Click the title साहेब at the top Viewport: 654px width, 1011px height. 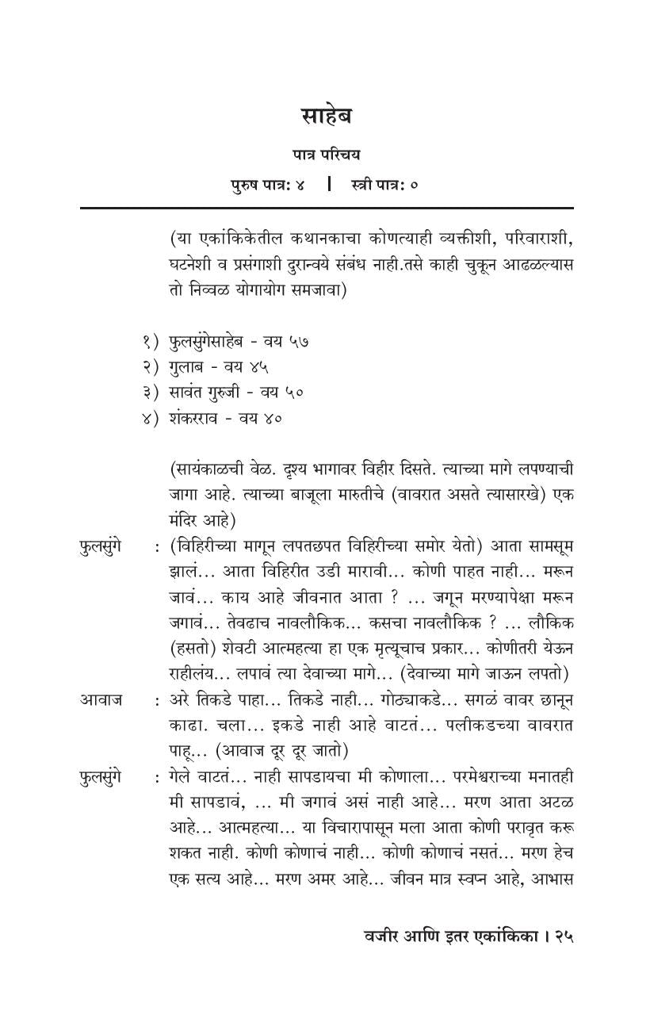pyautogui.click(x=327, y=116)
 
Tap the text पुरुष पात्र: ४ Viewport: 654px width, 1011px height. pyautogui.click(x=267, y=185)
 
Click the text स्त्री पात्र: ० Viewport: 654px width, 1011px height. pyautogui.click(x=384, y=185)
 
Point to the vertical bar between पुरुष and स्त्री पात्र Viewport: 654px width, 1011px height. pyautogui.click(x=328, y=185)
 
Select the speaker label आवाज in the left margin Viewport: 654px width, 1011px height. pyautogui.click(x=101, y=700)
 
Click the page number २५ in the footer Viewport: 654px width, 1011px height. pyautogui.click(x=563, y=935)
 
